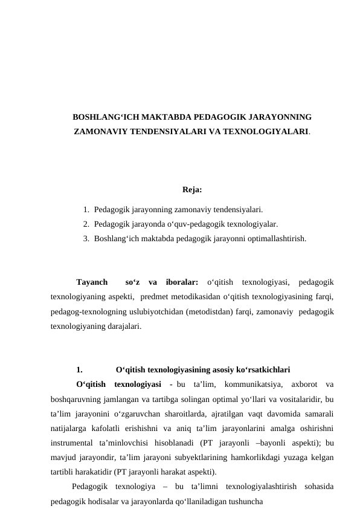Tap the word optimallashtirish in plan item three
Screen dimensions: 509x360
pos(275,239)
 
